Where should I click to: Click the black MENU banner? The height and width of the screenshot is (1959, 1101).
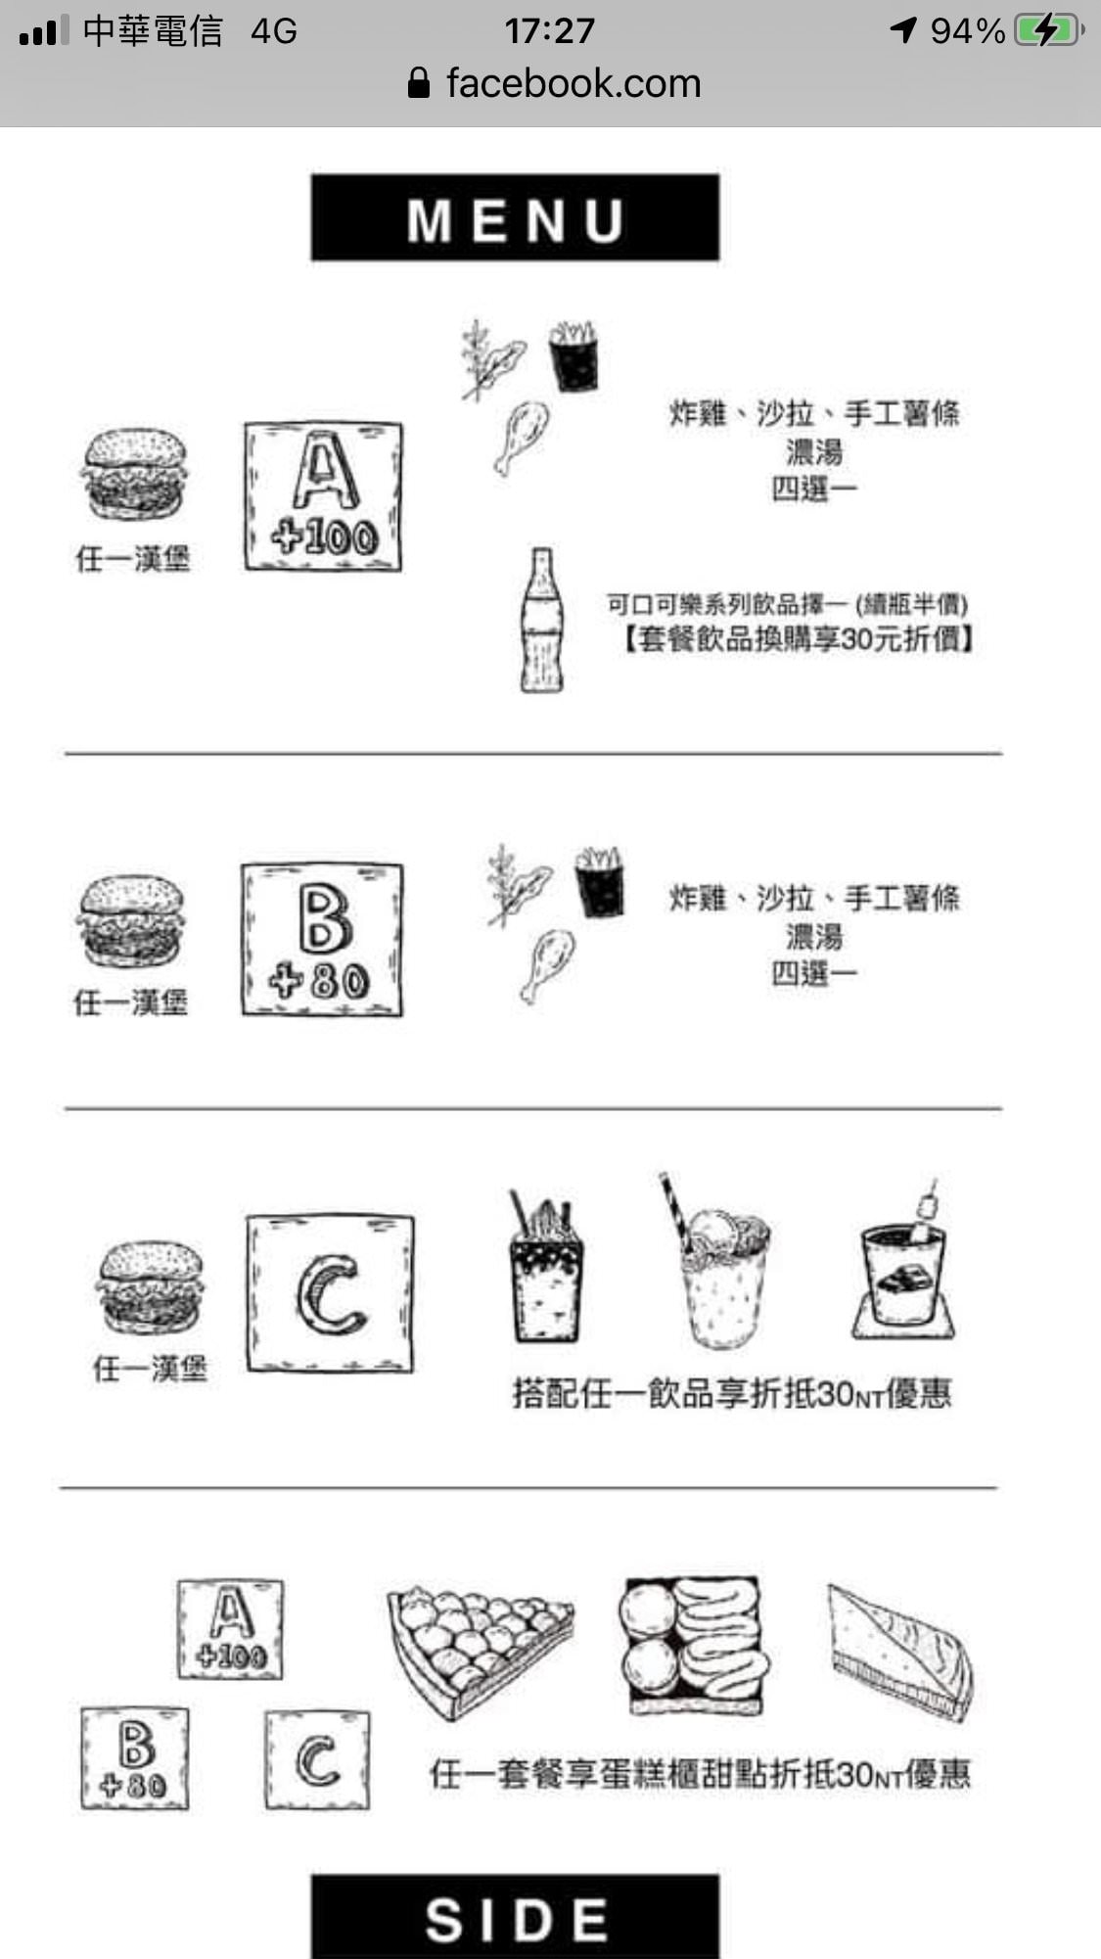[515, 217]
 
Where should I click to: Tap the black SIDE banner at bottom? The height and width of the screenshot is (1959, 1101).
[515, 1917]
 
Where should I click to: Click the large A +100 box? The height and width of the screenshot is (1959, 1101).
[323, 496]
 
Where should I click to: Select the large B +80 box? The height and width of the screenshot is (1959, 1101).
[322, 939]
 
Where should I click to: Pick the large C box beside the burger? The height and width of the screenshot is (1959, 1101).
[330, 1293]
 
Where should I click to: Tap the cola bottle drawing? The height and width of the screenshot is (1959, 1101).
[541, 621]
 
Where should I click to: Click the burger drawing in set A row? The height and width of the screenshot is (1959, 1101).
[133, 473]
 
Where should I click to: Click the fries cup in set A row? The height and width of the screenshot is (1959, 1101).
[573, 356]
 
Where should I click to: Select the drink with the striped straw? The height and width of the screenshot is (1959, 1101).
[720, 1268]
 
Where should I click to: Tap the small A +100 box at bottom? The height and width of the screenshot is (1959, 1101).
[231, 1629]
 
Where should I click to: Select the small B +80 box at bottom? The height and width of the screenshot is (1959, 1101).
[135, 1758]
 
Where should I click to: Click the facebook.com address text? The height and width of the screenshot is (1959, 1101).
[573, 83]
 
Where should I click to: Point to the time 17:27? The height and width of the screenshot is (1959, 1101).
[549, 30]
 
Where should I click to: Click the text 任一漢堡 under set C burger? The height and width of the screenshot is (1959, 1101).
[150, 1368]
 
